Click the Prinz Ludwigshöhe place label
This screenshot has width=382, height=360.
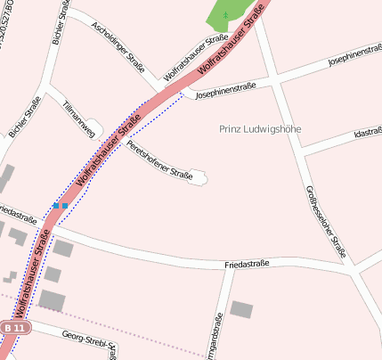[x=260, y=129]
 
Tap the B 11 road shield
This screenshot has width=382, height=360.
[x=16, y=328]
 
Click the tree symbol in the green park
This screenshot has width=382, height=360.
[x=225, y=14]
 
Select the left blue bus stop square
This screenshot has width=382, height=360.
[x=55, y=206]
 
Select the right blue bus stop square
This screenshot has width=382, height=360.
[x=64, y=206]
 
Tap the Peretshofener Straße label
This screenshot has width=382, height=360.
[x=159, y=160]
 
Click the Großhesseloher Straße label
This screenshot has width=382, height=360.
[x=325, y=222]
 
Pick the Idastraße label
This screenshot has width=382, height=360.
[x=367, y=133]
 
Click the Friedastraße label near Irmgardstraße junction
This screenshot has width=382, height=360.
[x=247, y=264]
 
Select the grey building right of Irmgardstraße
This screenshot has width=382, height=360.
[x=241, y=309]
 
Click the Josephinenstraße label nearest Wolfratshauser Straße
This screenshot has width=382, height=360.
[x=226, y=90]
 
